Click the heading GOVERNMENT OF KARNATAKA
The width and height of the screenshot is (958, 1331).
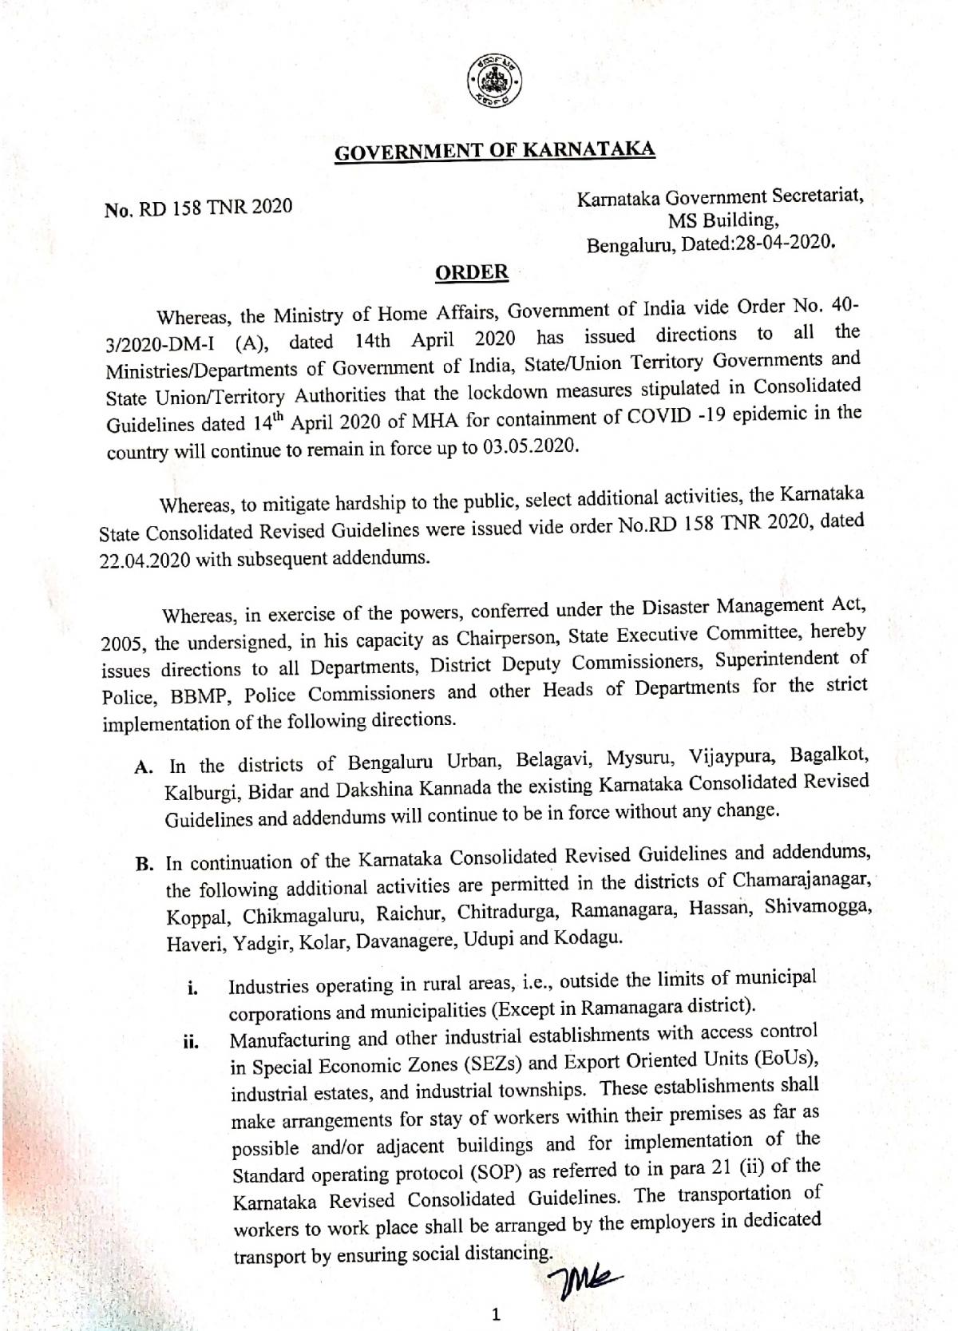[494, 151]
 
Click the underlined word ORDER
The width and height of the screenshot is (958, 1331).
[471, 272]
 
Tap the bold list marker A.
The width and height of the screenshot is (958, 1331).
[144, 767]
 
